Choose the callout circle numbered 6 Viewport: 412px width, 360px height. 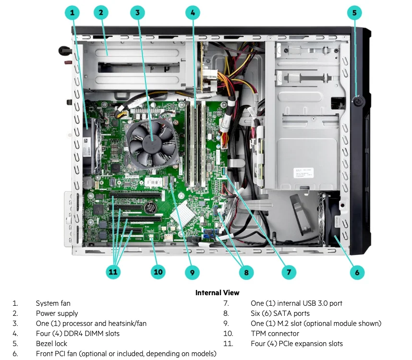[x=357, y=272]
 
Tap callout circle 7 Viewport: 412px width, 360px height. [x=288, y=272]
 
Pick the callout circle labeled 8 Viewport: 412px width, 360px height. [x=246, y=272]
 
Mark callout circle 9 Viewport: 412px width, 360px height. [x=192, y=272]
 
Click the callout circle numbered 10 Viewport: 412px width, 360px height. [x=158, y=272]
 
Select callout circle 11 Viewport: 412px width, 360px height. [x=113, y=272]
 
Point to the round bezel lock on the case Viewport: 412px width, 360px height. [x=357, y=101]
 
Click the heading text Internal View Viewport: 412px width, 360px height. [x=217, y=292]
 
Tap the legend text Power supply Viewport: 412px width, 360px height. [x=56, y=313]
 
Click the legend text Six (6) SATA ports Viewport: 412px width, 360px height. [x=280, y=313]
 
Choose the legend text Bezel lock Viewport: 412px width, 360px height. [x=51, y=343]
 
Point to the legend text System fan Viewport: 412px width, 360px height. [x=53, y=303]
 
